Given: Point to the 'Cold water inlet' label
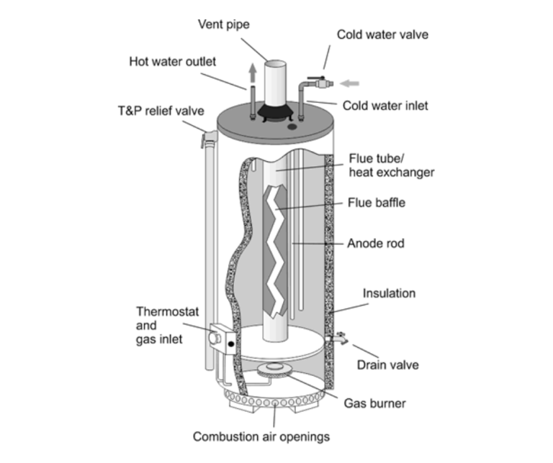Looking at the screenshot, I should pyautogui.click(x=385, y=106).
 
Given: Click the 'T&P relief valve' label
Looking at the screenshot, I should pyautogui.click(x=161, y=111).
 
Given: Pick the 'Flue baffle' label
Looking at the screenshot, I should pyautogui.click(x=377, y=203).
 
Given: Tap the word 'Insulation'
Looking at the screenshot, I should pyautogui.click(x=389, y=293).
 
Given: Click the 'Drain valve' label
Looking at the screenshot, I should pyautogui.click(x=388, y=365).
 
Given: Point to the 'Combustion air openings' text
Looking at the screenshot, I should pyautogui.click(x=261, y=436).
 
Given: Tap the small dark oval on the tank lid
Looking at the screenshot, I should pyautogui.click(x=292, y=127).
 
